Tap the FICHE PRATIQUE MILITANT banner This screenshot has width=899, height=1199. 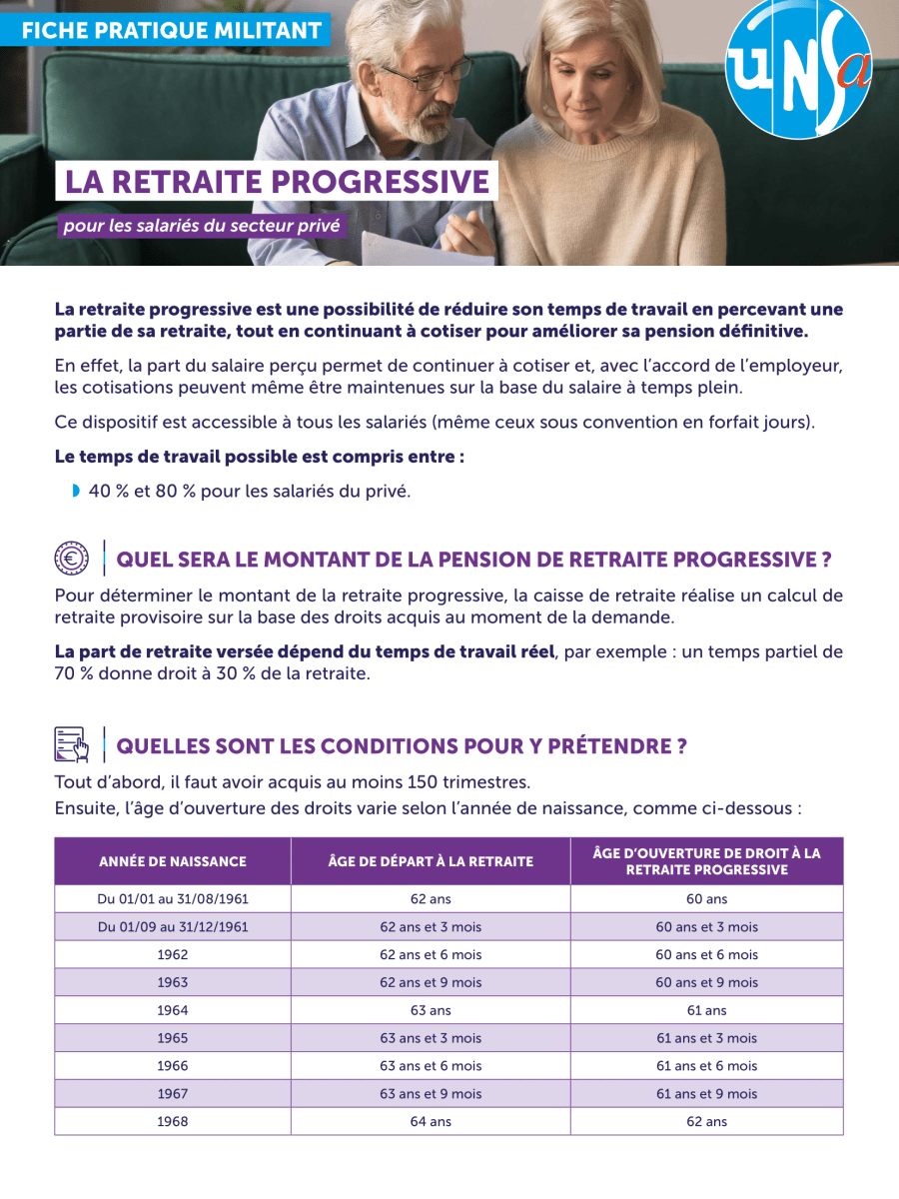(x=171, y=30)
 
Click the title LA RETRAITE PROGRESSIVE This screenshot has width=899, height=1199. (x=277, y=182)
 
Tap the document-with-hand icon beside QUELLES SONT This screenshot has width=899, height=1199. (x=71, y=745)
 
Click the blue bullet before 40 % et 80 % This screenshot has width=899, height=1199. (x=76, y=491)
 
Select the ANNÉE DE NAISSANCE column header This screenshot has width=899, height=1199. (x=173, y=861)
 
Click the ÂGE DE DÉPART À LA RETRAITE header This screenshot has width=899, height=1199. (x=431, y=861)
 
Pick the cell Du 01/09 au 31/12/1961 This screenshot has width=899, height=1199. (x=173, y=927)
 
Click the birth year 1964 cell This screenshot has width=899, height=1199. (x=173, y=1010)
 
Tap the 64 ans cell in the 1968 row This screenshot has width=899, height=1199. (x=431, y=1121)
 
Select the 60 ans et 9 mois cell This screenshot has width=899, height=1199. (x=706, y=982)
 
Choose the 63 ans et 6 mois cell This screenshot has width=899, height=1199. (x=431, y=1066)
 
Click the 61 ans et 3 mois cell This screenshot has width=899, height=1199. (x=706, y=1038)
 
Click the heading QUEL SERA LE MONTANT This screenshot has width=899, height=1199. (x=474, y=559)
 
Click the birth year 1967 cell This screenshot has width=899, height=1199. (x=173, y=1094)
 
